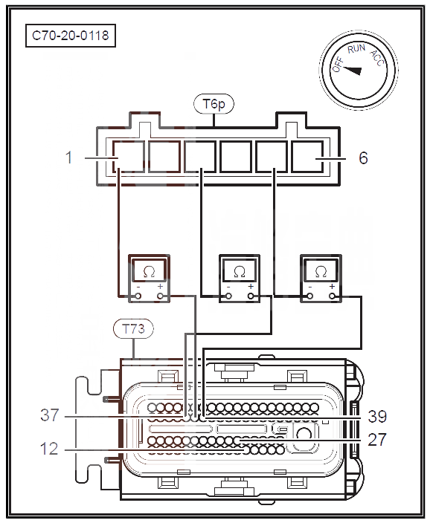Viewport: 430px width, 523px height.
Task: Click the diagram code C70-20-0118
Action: [71, 36]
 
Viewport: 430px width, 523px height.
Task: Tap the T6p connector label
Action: [214, 104]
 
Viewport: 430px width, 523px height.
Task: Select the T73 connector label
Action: [133, 329]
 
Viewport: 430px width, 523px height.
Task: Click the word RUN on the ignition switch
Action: [356, 49]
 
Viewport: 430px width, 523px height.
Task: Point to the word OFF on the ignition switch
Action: [338, 65]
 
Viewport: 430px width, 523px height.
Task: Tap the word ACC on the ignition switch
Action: [377, 58]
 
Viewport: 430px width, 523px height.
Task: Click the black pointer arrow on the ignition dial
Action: [352, 71]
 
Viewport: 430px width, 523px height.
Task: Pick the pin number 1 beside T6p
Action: [69, 157]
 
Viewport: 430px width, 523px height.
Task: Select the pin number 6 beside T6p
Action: [363, 157]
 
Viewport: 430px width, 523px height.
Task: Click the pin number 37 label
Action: [50, 415]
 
